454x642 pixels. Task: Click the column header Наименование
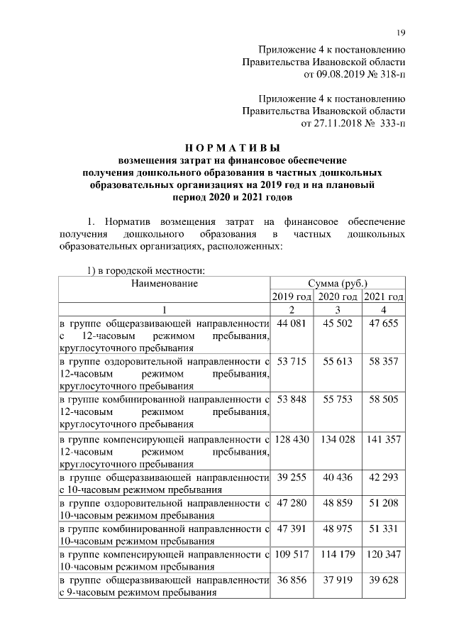[x=163, y=283]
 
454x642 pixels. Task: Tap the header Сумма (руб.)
[x=338, y=283]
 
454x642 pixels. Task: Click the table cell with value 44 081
[x=292, y=323]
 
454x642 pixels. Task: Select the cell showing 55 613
[x=338, y=362]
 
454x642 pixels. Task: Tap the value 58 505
[x=383, y=400]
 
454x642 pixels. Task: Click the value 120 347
[x=383, y=554]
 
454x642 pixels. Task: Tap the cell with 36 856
[x=292, y=580]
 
